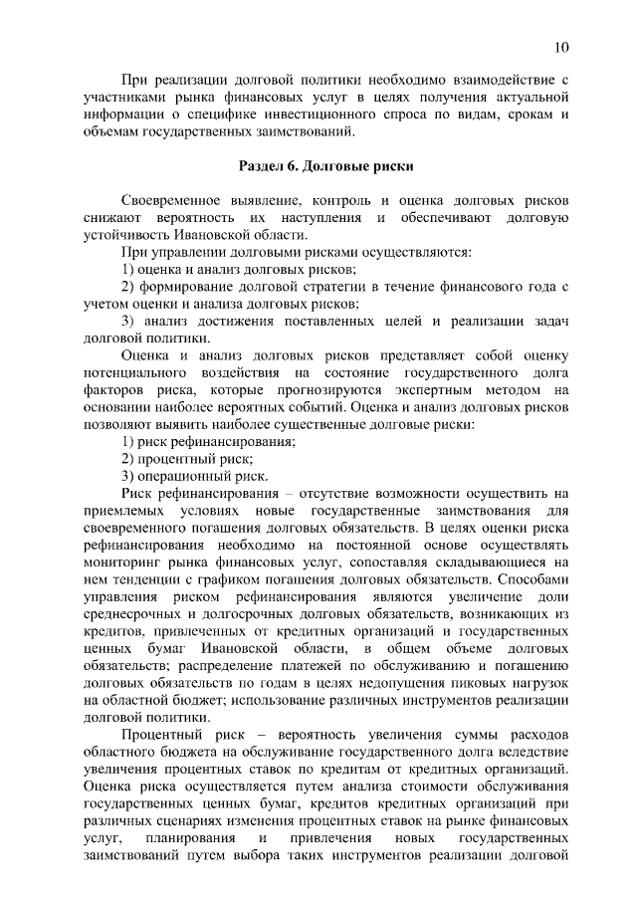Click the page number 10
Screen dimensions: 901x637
pos(561,47)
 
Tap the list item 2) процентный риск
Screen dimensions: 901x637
pos(186,459)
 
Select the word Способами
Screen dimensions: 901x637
pos(533,580)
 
